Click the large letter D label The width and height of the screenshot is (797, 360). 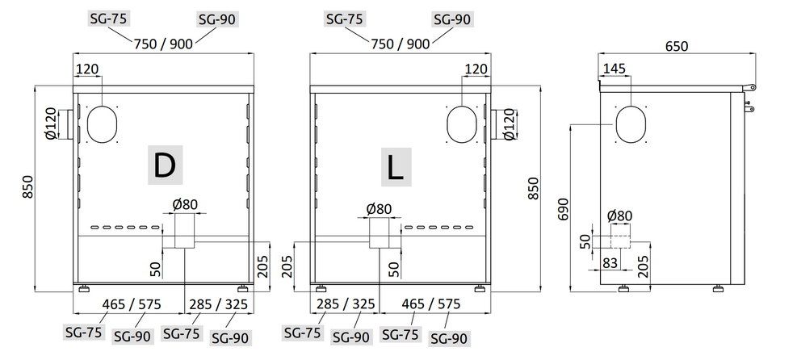click(x=165, y=165)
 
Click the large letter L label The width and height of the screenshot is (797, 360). click(x=396, y=167)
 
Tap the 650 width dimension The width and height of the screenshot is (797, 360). click(x=676, y=46)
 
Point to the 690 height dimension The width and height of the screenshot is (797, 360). click(x=563, y=209)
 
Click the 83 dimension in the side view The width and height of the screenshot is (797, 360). click(x=609, y=263)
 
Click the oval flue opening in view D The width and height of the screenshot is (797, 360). click(x=103, y=123)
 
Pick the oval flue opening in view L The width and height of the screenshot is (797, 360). click(x=462, y=123)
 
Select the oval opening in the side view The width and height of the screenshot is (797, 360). click(x=631, y=124)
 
